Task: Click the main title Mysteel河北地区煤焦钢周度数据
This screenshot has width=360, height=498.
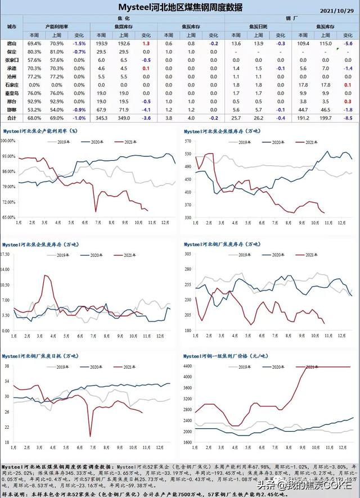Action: pos(180,7)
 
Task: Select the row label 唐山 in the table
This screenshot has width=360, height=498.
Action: pos(12,43)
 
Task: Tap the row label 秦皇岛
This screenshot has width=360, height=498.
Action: pos(12,93)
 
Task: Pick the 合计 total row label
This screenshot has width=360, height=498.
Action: pos(12,119)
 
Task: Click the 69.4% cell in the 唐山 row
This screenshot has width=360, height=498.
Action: pos(34,43)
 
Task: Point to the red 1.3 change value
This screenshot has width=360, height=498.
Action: pos(146,43)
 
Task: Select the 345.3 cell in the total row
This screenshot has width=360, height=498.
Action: pos(102,119)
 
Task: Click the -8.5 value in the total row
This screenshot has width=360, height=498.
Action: pos(348,119)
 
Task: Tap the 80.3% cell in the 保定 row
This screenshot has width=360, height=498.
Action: pos(34,52)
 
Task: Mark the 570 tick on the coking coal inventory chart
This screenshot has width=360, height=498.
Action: pos(189,141)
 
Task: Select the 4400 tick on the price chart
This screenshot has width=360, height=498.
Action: pos(188,366)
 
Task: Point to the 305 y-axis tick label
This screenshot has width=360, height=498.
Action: pos(189,254)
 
